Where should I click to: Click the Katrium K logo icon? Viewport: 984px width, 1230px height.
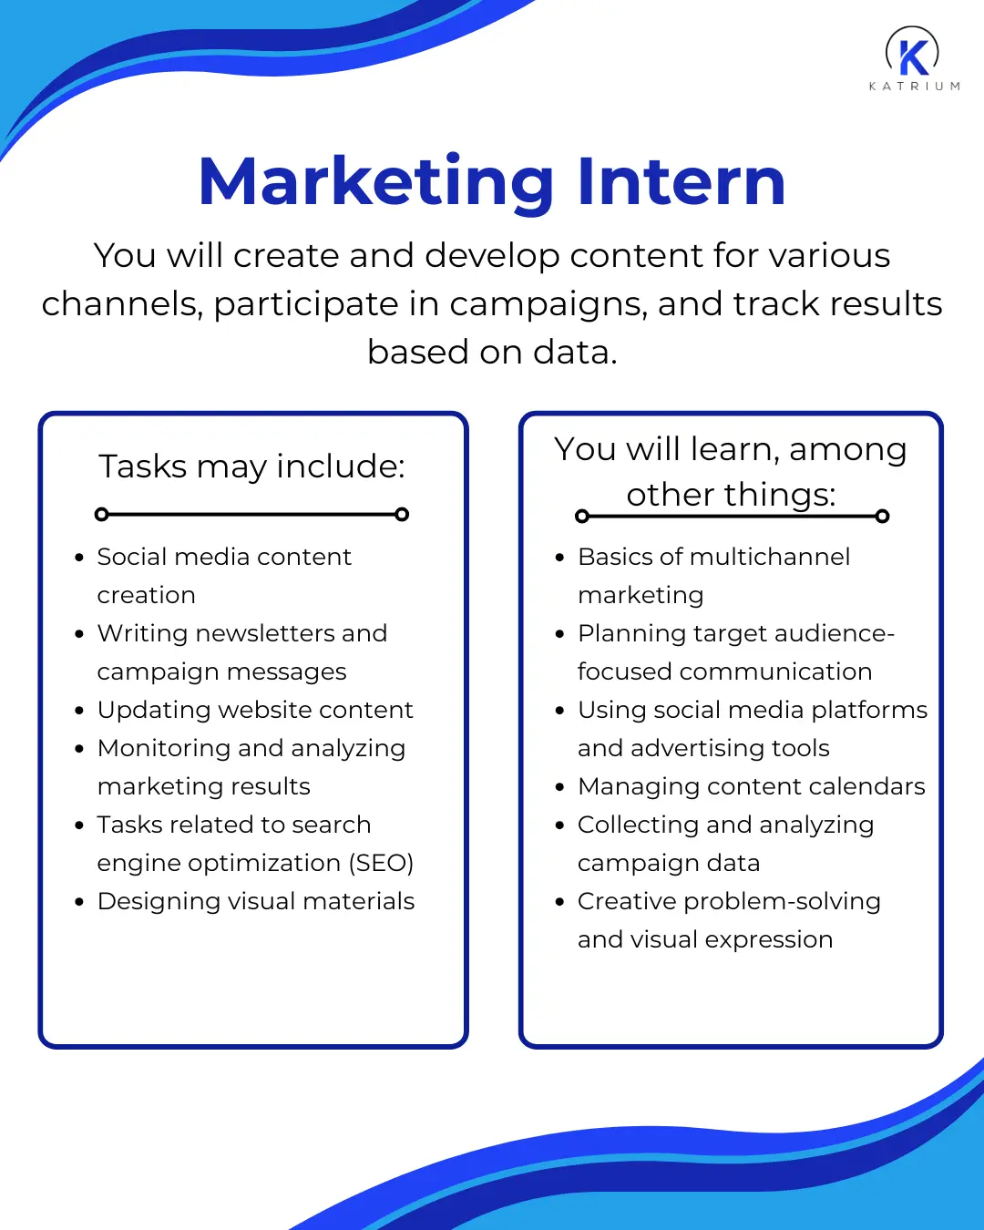(x=913, y=53)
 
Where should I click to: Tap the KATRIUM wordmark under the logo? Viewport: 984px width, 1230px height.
(x=914, y=87)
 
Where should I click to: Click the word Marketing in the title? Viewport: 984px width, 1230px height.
(x=375, y=182)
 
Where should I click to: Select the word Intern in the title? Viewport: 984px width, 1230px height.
(x=681, y=182)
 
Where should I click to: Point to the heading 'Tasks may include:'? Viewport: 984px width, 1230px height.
(x=251, y=466)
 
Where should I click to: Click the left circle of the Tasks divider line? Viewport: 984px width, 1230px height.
(x=102, y=515)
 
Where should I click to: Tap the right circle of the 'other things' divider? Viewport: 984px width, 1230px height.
(x=882, y=517)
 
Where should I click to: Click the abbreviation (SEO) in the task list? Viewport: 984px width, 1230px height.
(x=381, y=863)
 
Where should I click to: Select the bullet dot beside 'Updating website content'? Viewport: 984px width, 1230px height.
(x=79, y=711)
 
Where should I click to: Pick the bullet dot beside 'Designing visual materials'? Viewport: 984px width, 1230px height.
(x=79, y=902)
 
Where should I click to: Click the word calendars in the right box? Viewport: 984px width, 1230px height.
(x=866, y=786)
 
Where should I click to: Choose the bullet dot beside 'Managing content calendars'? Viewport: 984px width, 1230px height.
(x=559, y=787)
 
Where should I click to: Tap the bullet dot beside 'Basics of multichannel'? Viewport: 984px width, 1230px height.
(x=559, y=558)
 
